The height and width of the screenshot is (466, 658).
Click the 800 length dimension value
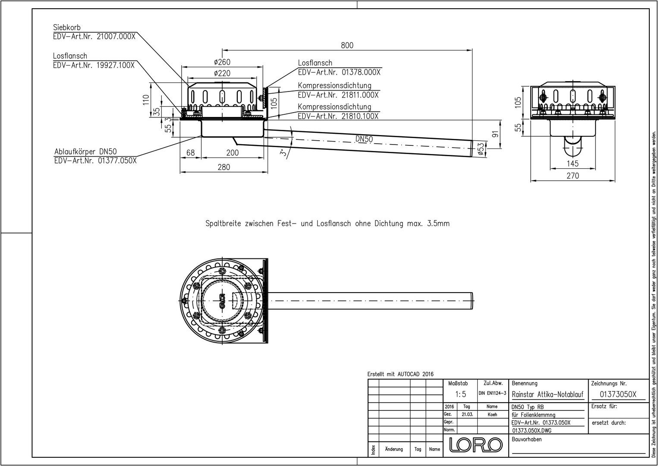coord(347,45)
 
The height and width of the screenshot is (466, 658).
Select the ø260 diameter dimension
coord(222,62)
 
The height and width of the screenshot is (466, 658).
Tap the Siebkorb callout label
coord(67,28)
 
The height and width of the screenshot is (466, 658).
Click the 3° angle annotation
coord(282,153)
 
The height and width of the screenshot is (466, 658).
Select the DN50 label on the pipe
coord(364,139)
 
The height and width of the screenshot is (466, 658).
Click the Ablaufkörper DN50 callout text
coord(85,151)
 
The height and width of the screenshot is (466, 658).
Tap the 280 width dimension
coord(224,167)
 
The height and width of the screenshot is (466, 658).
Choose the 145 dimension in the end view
coord(573,164)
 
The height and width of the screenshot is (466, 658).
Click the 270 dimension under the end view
coord(573,176)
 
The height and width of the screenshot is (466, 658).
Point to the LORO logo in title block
coord(475,445)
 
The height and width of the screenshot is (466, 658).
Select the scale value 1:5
coord(461,394)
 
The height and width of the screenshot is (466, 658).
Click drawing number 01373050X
coord(618,394)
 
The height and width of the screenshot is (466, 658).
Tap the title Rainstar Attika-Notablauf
coord(548,394)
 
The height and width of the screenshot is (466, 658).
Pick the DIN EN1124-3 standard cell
coord(492,394)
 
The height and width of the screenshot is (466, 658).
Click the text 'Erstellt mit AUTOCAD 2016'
coord(400,374)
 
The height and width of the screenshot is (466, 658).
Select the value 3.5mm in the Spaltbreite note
coord(438,224)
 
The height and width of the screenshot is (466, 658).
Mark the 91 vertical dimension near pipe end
coord(495,134)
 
